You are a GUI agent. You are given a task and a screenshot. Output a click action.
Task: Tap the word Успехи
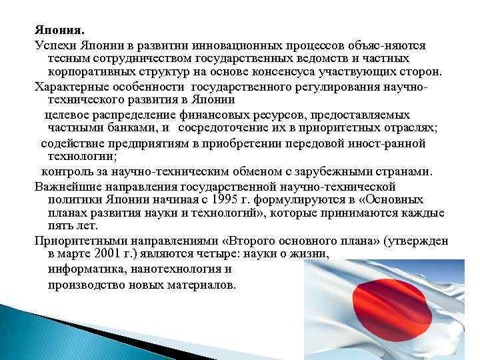click(x=56, y=45)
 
